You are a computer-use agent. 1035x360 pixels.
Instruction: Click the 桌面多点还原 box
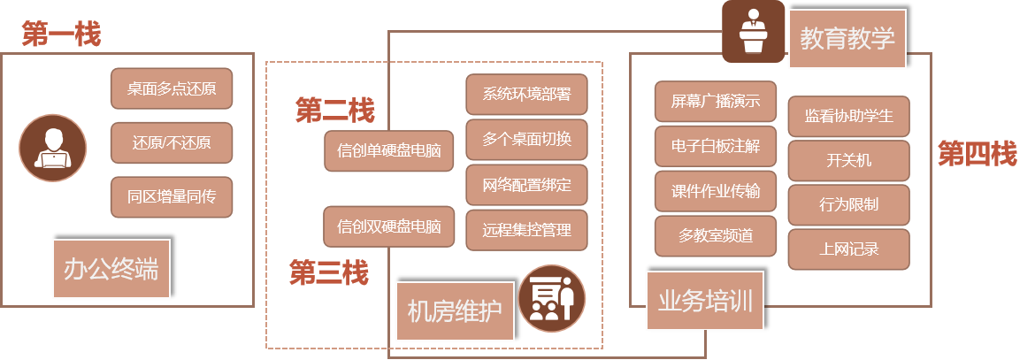(x=172, y=88)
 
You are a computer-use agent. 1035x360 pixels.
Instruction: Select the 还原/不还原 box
(x=172, y=142)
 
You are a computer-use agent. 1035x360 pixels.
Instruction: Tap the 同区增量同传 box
(x=172, y=196)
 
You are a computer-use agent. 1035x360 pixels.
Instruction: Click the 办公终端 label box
(x=111, y=269)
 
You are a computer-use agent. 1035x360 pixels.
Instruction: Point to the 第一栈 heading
(x=61, y=34)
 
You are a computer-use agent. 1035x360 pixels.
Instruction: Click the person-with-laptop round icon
(x=53, y=148)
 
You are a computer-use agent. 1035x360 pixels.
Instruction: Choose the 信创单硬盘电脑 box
(x=389, y=150)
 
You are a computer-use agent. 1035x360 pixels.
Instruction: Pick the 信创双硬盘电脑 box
(x=389, y=226)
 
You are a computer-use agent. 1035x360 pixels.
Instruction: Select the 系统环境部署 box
(x=526, y=95)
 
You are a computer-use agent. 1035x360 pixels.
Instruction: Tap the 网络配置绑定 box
(x=526, y=185)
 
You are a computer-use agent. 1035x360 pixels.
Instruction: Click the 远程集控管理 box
(x=526, y=230)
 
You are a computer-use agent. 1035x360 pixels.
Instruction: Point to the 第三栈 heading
(x=329, y=273)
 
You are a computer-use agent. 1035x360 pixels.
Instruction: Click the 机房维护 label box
(x=455, y=311)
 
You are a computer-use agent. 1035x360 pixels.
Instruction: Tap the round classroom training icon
(x=551, y=298)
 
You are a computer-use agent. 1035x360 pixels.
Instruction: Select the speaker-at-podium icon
(x=753, y=31)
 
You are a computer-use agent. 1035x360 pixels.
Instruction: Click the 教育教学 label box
(x=847, y=39)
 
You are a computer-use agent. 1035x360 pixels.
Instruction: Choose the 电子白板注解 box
(x=716, y=146)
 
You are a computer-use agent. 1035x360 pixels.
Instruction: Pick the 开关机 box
(x=848, y=160)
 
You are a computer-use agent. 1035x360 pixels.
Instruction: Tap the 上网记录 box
(x=848, y=249)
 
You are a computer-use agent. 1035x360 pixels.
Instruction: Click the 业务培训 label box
(x=705, y=301)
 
